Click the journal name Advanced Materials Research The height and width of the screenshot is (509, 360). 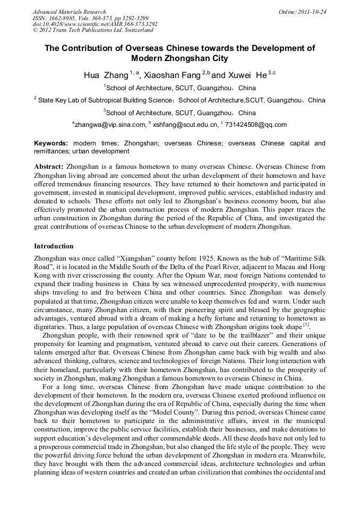69,12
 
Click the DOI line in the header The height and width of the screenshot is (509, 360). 95,24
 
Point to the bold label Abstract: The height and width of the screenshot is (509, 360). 49,167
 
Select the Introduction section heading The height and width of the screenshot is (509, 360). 54,246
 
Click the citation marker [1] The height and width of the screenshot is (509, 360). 306,324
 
